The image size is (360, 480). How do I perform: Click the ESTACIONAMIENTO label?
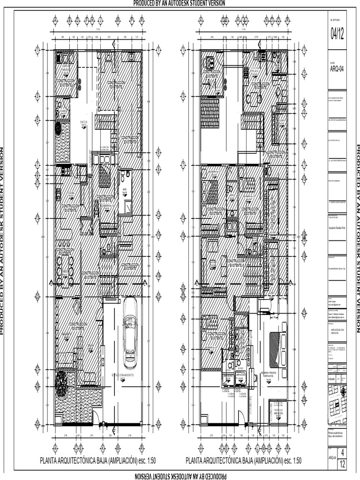point(126,375)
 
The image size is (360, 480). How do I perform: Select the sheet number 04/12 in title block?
point(337,34)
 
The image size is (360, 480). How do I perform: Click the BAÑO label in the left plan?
point(125,192)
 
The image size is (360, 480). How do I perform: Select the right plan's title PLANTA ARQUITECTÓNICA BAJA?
point(243,460)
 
